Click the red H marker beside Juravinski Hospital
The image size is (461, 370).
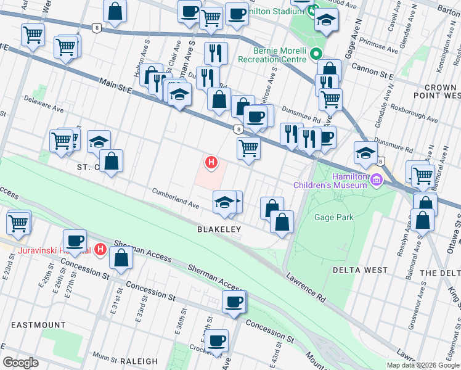tap(100, 250)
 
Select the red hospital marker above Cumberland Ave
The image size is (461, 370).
tap(211, 162)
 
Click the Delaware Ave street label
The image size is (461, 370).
tap(44, 106)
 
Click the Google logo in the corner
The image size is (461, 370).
tap(21, 363)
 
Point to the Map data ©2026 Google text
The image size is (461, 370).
tap(422, 365)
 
